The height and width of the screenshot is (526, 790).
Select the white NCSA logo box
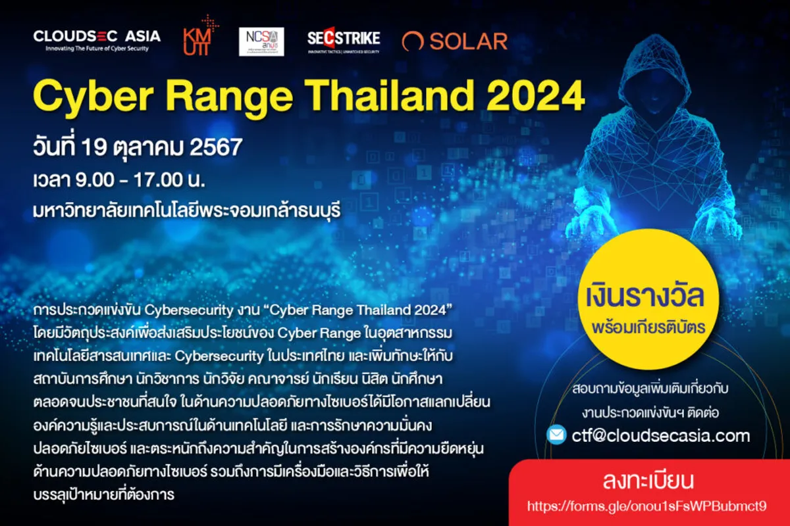tap(261, 41)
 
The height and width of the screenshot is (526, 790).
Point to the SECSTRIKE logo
tap(343, 41)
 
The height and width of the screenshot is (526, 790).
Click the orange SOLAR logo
tap(455, 41)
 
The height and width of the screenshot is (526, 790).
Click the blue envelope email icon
tap(556, 435)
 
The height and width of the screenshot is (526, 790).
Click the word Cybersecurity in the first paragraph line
tap(186, 309)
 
